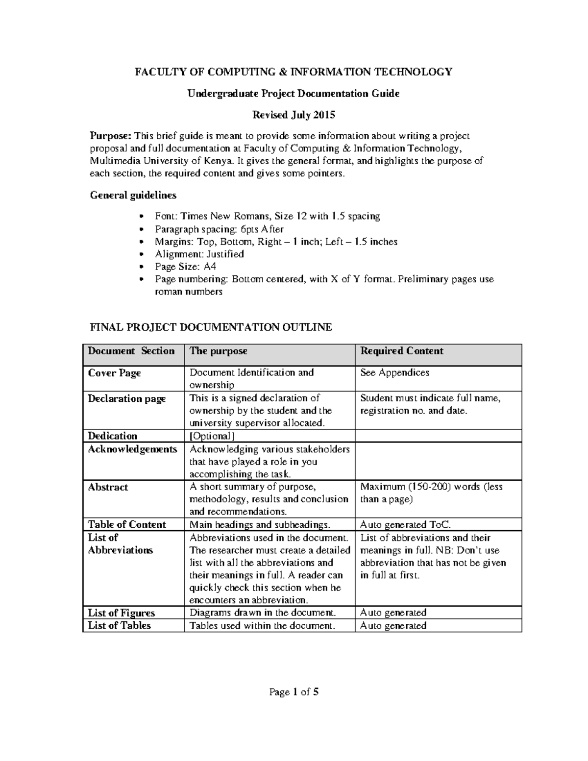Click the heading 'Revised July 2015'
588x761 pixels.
pyautogui.click(x=294, y=115)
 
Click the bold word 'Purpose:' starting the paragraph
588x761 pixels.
pyautogui.click(x=111, y=136)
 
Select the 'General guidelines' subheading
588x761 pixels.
pyautogui.click(x=133, y=195)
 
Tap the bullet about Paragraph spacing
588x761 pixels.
pyautogui.click(x=219, y=229)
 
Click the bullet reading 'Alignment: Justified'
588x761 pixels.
pyautogui.click(x=199, y=254)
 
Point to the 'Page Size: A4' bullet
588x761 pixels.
pyautogui.click(x=185, y=267)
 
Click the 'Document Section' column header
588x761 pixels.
pyautogui.click(x=131, y=351)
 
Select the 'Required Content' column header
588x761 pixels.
pyautogui.click(x=401, y=351)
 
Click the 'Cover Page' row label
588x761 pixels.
pyautogui.click(x=114, y=373)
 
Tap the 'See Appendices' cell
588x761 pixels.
pyautogui.click(x=394, y=372)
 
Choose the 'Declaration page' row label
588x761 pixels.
pyautogui.click(x=126, y=398)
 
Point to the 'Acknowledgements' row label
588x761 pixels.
pyautogui.click(x=132, y=449)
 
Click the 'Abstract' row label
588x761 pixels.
pyautogui.click(x=108, y=487)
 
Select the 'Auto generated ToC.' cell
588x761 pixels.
pyautogui.click(x=405, y=524)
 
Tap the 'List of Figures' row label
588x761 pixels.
pyautogui.click(x=121, y=613)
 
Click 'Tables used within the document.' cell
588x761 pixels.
pyautogui.click(x=262, y=625)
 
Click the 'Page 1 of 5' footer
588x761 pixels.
pyautogui.click(x=294, y=692)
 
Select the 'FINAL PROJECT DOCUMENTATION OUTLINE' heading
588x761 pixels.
pyautogui.click(x=211, y=327)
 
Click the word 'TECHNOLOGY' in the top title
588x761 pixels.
pyautogui.click(x=413, y=72)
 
